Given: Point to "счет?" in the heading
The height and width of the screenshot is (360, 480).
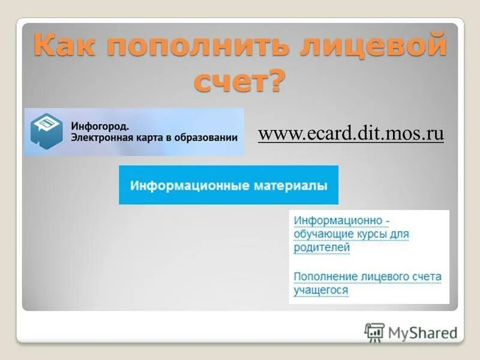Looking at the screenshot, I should coord(238,80).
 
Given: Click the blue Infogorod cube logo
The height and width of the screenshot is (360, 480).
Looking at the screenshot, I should coord(47,131).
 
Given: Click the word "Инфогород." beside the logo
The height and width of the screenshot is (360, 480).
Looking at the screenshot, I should coord(100,126).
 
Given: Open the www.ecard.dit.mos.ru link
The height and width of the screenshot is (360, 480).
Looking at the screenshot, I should coord(351,133).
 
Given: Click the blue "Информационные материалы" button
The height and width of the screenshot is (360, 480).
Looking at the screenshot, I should coord(229,185).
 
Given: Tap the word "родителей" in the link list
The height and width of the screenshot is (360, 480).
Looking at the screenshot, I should coord(322,247).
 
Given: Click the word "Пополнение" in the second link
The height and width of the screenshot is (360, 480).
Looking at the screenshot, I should coord(325,277).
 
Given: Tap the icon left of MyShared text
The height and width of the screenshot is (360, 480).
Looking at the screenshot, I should coord(374,332).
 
